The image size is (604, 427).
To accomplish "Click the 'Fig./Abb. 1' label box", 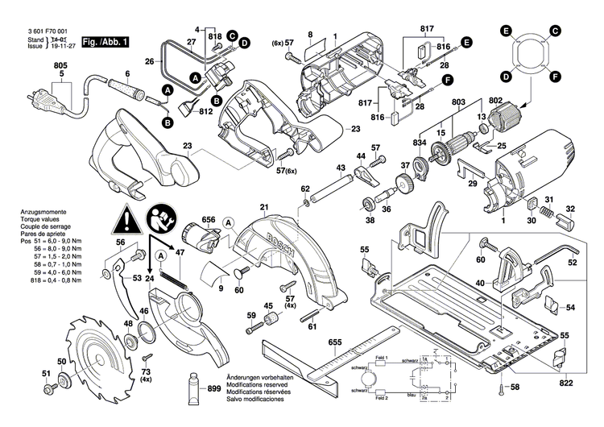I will click(x=106, y=41).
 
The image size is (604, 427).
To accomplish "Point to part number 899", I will click(x=214, y=388).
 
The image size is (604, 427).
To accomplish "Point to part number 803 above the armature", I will click(x=457, y=103).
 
